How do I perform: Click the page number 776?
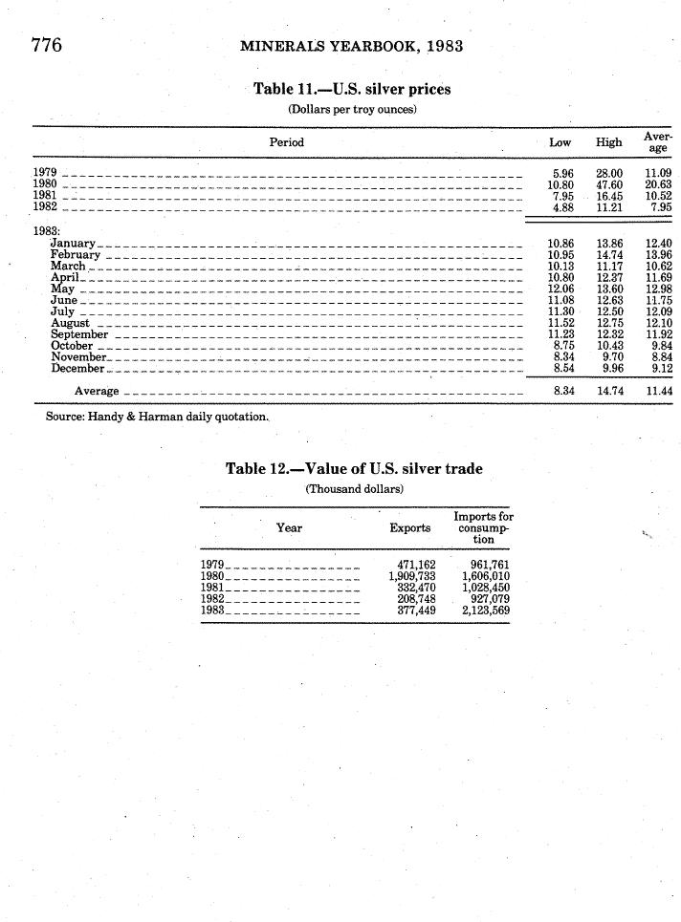point(46,45)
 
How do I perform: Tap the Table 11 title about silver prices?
point(351,90)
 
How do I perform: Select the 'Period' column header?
point(286,142)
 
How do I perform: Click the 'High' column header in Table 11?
point(609,142)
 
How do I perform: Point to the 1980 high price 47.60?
point(609,183)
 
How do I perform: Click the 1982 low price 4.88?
point(562,205)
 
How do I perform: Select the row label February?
point(76,255)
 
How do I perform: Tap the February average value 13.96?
point(658,255)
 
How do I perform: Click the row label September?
point(79,334)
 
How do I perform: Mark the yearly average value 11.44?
point(658,391)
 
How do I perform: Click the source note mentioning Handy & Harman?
point(157,418)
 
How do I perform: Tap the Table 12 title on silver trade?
point(353,468)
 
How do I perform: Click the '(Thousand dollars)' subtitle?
point(354,488)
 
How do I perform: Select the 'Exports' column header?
point(410,527)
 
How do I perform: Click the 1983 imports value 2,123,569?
point(485,610)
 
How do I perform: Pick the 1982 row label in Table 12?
point(212,598)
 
